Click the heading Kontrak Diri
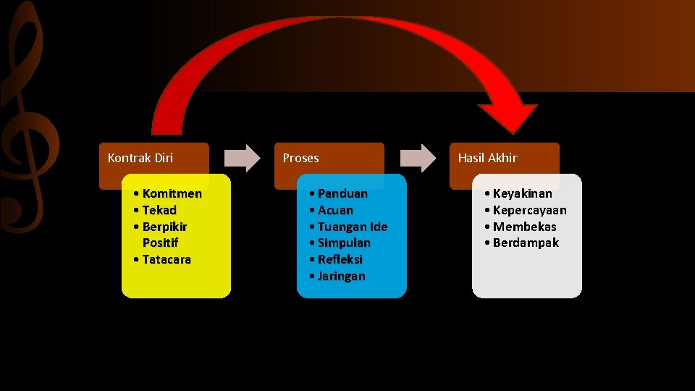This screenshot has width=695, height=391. (140, 158)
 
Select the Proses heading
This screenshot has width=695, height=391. (300, 158)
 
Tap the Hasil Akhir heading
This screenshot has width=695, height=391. (487, 158)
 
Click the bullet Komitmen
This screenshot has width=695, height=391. (172, 193)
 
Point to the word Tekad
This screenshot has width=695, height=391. (159, 210)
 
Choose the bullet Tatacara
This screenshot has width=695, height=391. (167, 259)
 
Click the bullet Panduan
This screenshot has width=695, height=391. (342, 193)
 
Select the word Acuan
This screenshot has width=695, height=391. (335, 210)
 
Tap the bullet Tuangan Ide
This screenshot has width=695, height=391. (353, 227)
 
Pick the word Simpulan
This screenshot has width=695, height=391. (344, 243)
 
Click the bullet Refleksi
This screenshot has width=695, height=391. (340, 259)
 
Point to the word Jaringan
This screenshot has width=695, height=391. (342, 276)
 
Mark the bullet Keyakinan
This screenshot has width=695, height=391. (522, 193)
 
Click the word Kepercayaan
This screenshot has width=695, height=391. (529, 210)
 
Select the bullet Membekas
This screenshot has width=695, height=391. (524, 227)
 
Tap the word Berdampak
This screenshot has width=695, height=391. (526, 243)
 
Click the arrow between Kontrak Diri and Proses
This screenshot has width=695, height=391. (242, 158)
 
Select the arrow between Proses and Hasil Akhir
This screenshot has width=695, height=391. (418, 158)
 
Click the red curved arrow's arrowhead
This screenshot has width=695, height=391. (507, 116)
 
